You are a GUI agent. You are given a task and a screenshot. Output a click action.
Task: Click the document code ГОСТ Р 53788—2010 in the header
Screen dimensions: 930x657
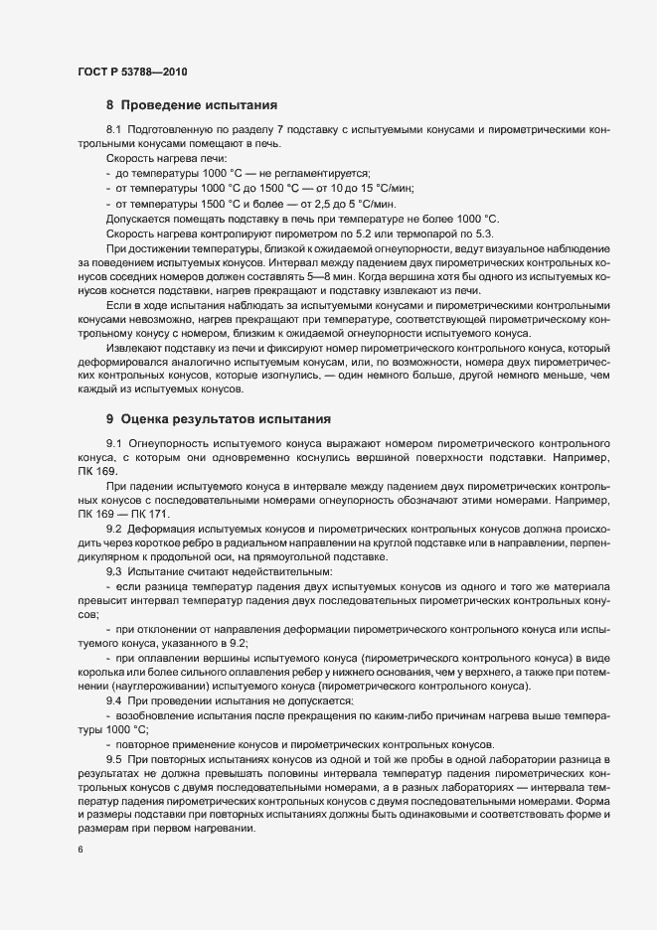tap(132, 72)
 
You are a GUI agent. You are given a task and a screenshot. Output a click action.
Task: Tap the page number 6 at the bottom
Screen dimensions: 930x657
tap(81, 849)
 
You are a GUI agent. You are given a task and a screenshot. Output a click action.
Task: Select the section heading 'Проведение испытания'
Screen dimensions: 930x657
tap(199, 104)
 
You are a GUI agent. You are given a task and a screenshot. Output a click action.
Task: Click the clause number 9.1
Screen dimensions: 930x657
tap(113, 442)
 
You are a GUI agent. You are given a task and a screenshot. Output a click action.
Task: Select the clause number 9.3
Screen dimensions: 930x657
tap(113, 573)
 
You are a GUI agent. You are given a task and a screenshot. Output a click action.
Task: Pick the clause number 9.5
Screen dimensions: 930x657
tap(113, 760)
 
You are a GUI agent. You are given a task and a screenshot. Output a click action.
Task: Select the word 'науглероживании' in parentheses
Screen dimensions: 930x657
tap(171, 688)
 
